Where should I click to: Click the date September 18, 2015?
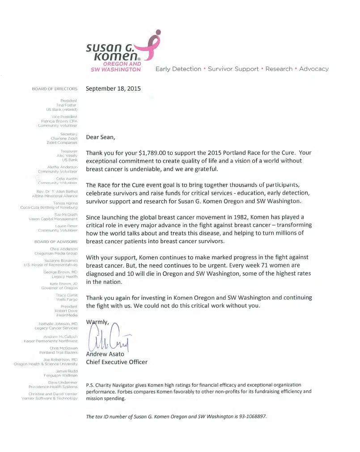113,89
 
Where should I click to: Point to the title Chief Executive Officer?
116,362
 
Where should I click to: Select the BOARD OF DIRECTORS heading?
55,89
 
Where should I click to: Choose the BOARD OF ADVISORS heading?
56,242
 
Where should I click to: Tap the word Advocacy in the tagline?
313,69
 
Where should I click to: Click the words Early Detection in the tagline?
178,69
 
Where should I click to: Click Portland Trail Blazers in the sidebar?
58,352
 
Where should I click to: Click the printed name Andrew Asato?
105,354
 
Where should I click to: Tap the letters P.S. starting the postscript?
90,384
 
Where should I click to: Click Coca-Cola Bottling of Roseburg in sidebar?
49,207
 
